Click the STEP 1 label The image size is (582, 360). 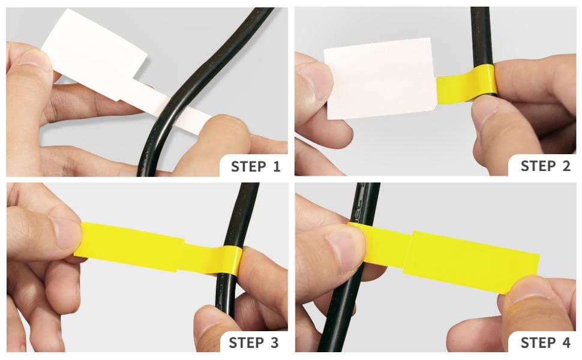[256, 167]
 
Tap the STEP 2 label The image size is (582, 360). [545, 166]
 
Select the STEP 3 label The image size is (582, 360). [254, 343]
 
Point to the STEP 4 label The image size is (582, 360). [545, 343]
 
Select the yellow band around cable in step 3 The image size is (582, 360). [232, 260]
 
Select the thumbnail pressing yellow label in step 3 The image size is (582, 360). [67, 233]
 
